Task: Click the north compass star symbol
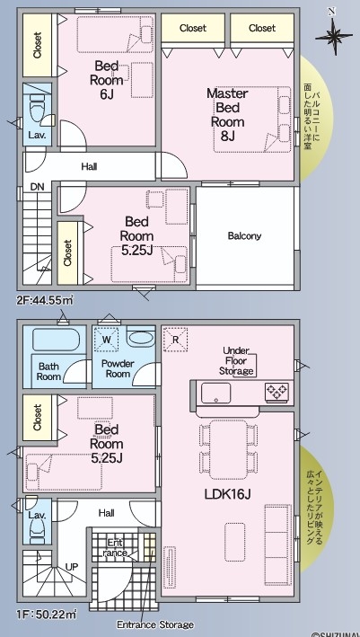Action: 333,36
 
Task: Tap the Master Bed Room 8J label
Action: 227,115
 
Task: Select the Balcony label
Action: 244,235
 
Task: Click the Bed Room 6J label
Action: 106,80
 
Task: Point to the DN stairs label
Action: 37,187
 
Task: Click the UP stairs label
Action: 72,567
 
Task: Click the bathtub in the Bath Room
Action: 55,340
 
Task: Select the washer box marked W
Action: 106,339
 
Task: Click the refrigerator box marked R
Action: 175,340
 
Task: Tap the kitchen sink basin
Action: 216,393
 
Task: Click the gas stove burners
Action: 277,393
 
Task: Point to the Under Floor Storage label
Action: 236,361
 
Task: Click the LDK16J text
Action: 227,494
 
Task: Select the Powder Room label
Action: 118,368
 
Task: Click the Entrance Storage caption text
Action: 155,624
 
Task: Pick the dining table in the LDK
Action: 229,449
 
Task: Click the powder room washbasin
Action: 140,338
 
